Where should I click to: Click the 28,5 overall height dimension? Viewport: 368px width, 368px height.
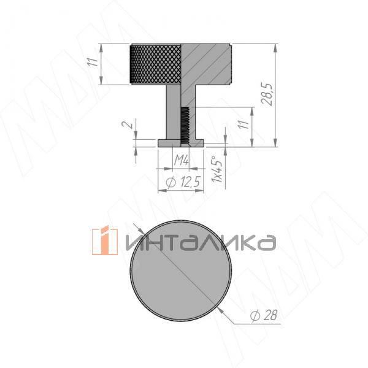267,94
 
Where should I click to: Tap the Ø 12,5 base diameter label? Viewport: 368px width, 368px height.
183,182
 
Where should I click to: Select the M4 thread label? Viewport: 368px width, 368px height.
182,161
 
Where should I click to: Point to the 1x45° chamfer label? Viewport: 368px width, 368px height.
217,169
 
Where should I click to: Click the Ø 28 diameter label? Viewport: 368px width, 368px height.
264,315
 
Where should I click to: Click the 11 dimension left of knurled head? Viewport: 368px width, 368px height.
93,62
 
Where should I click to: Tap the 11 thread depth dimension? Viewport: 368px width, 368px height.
245,125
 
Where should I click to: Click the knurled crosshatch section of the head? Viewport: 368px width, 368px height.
156,64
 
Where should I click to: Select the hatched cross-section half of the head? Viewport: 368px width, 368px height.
206,64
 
